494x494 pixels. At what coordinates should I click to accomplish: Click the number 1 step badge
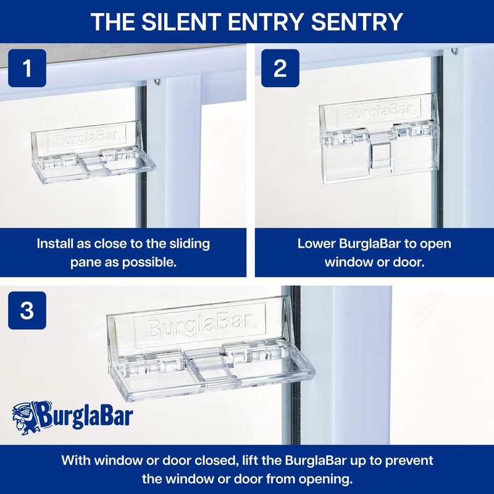(x=27, y=68)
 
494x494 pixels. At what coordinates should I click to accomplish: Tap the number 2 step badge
(x=280, y=68)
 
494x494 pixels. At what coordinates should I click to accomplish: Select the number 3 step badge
(x=27, y=311)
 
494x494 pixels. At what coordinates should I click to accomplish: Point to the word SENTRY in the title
(x=357, y=22)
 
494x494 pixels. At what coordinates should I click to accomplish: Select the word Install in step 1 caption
(x=55, y=243)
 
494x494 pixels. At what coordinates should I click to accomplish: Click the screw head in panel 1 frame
(x=157, y=82)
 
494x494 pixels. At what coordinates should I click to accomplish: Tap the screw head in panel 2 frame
(x=454, y=51)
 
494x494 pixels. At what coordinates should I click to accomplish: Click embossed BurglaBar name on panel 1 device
(x=86, y=138)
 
